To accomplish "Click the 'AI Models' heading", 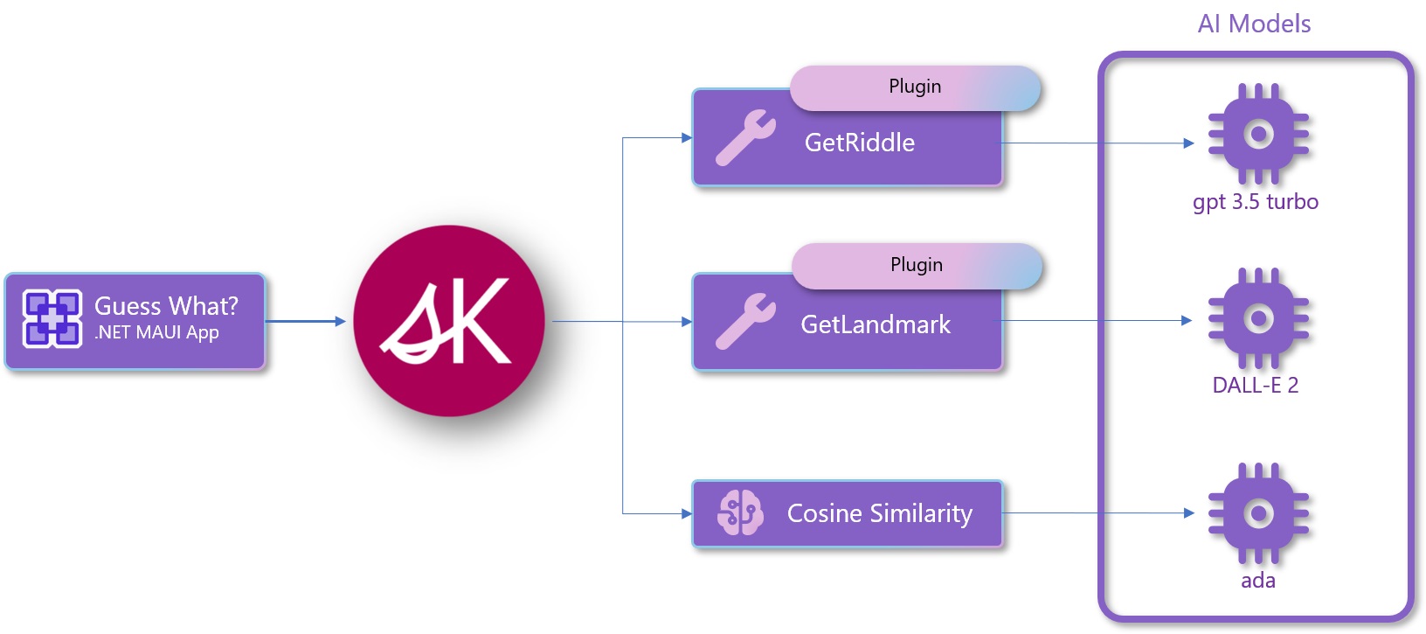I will click(x=1254, y=24).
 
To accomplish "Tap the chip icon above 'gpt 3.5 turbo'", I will click(x=1258, y=134).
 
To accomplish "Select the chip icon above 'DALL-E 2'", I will click(x=1258, y=318).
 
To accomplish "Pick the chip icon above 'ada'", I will click(x=1258, y=512).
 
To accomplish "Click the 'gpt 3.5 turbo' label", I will click(x=1256, y=202).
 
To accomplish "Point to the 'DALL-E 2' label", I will click(x=1256, y=386).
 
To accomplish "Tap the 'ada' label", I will click(x=1258, y=581).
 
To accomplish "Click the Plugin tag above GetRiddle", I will click(x=915, y=87).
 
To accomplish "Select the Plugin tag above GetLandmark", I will click(x=917, y=265).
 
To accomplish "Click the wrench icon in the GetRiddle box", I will click(x=745, y=137).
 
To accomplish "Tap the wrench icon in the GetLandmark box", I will click(x=745, y=321).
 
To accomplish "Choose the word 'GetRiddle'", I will click(x=860, y=143).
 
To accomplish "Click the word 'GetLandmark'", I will click(x=876, y=324).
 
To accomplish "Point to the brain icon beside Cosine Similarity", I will click(x=740, y=512).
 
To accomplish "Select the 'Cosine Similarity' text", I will click(x=880, y=513).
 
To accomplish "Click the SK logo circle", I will click(x=449, y=320).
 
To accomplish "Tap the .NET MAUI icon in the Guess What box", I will click(x=52, y=318).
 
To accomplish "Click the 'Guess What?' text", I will click(x=166, y=306).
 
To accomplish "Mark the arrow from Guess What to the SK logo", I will click(x=306, y=321).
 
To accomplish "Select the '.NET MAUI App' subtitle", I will click(x=157, y=333).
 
